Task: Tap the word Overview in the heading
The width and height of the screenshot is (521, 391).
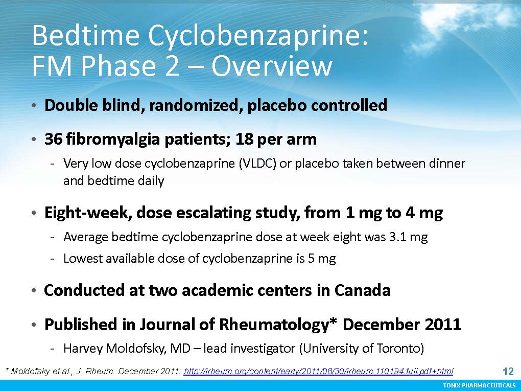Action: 271,65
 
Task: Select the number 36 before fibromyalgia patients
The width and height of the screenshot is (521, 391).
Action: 53,139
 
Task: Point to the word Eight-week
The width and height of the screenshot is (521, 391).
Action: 85,213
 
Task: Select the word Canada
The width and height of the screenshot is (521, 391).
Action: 362,290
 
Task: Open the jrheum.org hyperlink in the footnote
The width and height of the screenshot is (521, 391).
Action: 318,371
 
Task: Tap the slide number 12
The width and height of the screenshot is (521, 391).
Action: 509,371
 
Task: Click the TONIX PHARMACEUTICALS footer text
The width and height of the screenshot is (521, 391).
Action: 479,385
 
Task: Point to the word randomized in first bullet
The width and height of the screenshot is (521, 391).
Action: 196,105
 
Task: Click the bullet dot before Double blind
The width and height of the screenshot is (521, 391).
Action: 34,106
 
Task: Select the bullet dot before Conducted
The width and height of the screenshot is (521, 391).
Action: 34,291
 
